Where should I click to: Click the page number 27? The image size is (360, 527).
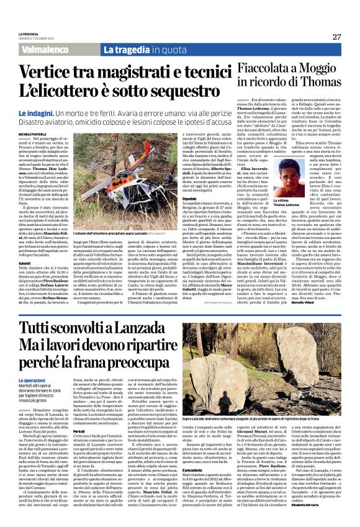[x=336, y=37]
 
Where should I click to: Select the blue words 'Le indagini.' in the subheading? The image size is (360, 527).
[x=53, y=114]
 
